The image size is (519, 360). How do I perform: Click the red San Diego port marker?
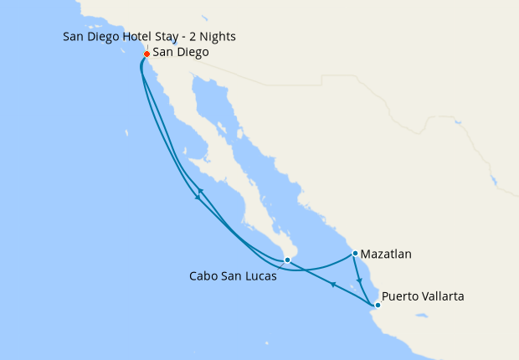[146, 54]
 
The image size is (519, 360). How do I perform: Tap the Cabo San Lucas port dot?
[287, 260]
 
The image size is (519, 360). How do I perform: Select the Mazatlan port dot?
[355, 253]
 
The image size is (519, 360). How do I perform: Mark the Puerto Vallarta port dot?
[378, 305]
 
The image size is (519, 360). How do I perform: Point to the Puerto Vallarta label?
[423, 296]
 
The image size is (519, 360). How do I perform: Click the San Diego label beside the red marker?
[181, 52]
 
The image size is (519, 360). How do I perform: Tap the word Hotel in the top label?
[136, 36]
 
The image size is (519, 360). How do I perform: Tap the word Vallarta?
[444, 296]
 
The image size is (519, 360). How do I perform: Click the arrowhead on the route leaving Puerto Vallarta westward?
[333, 285]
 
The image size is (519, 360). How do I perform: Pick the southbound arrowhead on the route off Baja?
[198, 198]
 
